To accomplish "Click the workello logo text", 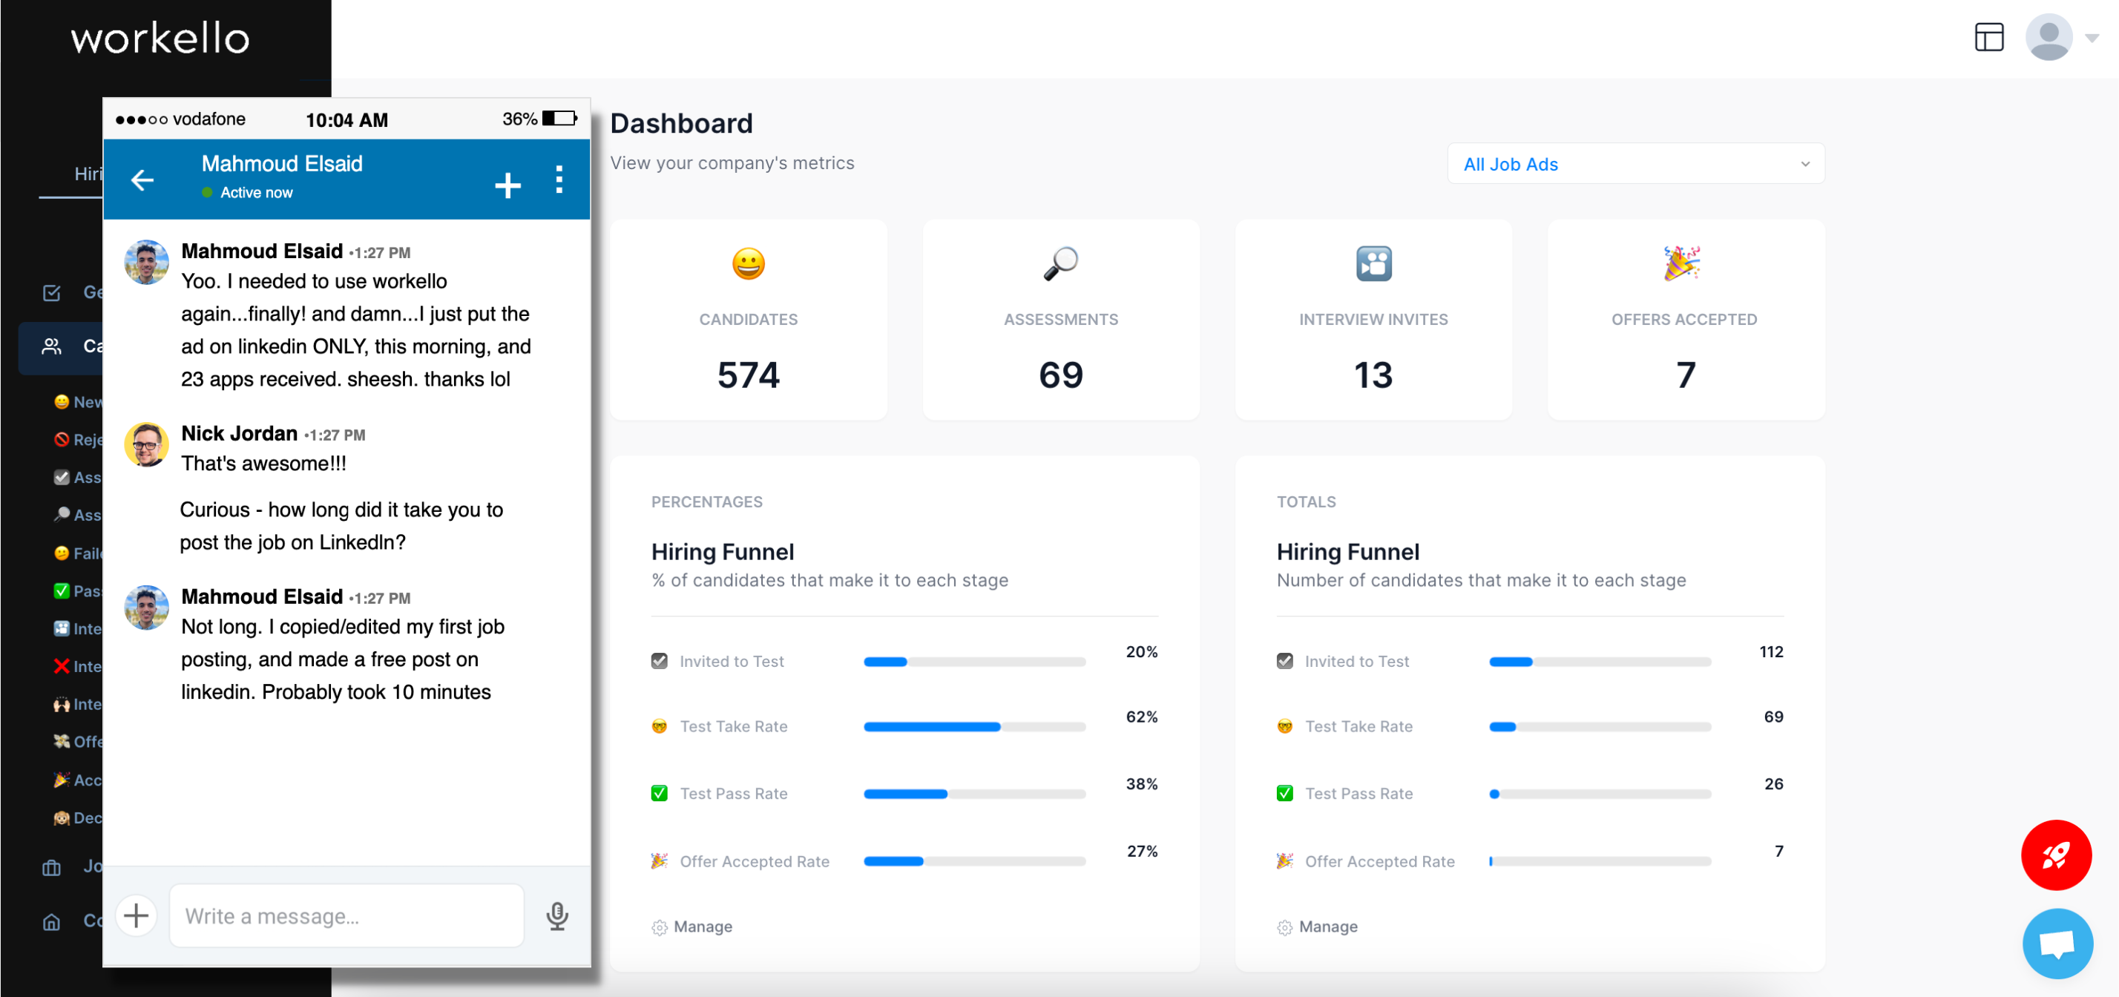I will click(160, 39).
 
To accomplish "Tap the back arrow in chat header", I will click(142, 180).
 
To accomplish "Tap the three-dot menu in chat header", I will click(559, 180).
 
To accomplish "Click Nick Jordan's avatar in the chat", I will click(146, 445).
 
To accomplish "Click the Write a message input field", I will click(346, 915).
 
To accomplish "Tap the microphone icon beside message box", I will click(557, 915).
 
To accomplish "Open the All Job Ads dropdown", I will click(1635, 164).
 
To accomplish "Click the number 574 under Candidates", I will click(748, 375).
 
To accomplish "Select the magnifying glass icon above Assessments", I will click(1060, 264).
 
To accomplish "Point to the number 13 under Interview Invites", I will click(1373, 375).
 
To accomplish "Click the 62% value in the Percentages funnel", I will click(1141, 717).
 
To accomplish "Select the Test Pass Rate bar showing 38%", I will click(974, 794).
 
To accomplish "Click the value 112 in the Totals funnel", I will click(1770, 651).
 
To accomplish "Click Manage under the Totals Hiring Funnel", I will click(1327, 927).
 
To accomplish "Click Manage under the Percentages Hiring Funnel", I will click(702, 927).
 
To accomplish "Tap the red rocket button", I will click(2056, 855).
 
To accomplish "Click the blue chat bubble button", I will click(2057, 943).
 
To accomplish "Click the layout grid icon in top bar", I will click(1989, 37).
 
